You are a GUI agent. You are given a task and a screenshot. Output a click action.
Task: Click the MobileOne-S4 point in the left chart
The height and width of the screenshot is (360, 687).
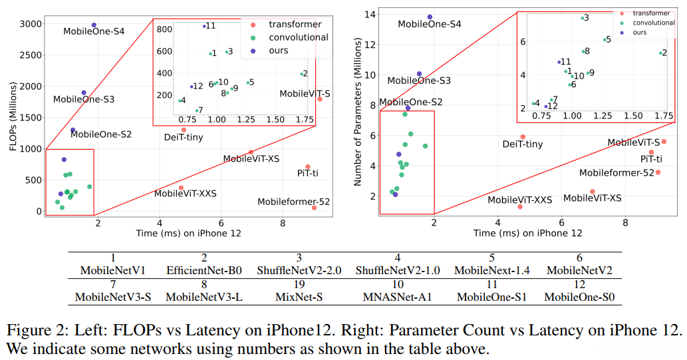tap(94, 25)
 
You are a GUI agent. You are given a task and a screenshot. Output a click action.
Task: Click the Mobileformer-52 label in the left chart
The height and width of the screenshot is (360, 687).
tap(293, 202)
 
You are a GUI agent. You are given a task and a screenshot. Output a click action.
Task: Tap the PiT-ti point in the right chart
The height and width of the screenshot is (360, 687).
tap(651, 152)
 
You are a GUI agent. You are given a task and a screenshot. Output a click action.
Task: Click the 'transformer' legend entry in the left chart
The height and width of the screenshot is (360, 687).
tap(295, 25)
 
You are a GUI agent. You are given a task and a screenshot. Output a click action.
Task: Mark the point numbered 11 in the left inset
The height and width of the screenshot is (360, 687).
tap(204, 27)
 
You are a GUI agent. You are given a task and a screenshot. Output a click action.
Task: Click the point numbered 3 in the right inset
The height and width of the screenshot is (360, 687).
tap(582, 18)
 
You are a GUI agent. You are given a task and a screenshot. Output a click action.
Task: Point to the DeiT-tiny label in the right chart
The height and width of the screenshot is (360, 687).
tap(523, 144)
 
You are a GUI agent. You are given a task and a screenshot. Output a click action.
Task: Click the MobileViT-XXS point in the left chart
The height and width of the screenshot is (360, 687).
tap(181, 188)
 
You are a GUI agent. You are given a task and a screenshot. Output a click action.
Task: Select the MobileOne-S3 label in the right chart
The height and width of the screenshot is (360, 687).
tap(419, 81)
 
